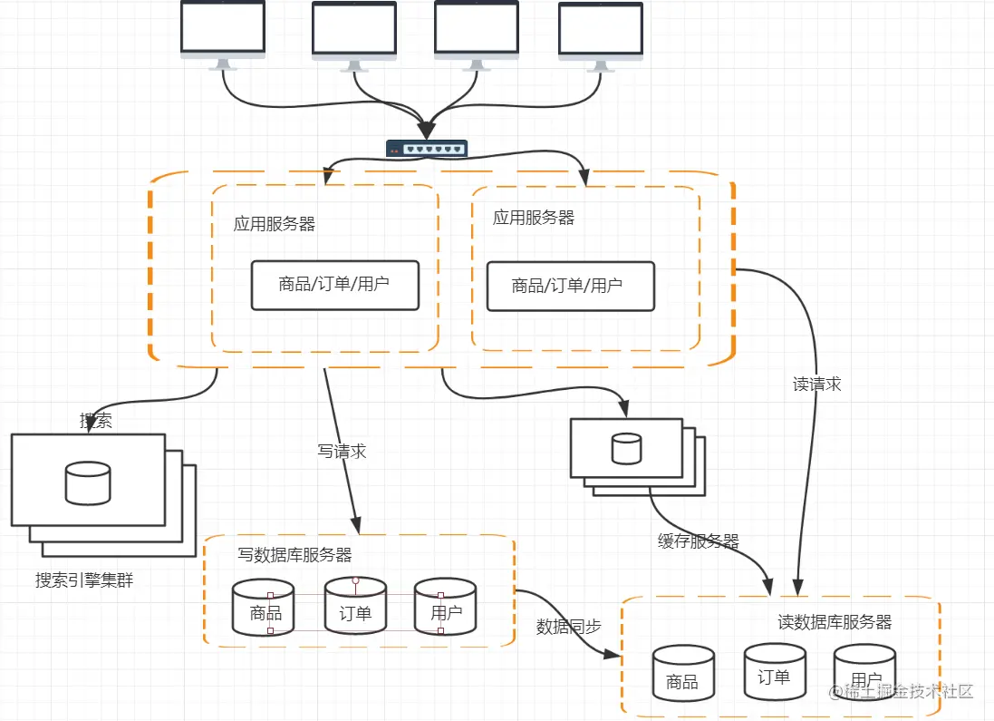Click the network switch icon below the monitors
pos(427,149)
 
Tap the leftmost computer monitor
pos(223,32)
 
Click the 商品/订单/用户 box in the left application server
pos(335,285)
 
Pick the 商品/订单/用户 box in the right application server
pos(570,287)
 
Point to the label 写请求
pos(342,451)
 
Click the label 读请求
pos(816,385)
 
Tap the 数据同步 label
pos(568,627)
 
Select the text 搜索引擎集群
pos(84,580)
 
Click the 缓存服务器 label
pos(698,541)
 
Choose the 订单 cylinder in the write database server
pos(355,606)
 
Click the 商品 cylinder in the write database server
pos(264,607)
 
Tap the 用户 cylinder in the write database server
pos(445,606)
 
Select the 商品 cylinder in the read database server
pos(683,673)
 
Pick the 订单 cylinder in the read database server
pos(775,671)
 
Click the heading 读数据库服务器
pos(835,622)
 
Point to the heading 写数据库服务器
pos(294,554)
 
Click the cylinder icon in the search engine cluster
pos(88,483)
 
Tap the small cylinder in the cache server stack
pos(626,448)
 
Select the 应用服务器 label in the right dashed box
pos(533,218)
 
